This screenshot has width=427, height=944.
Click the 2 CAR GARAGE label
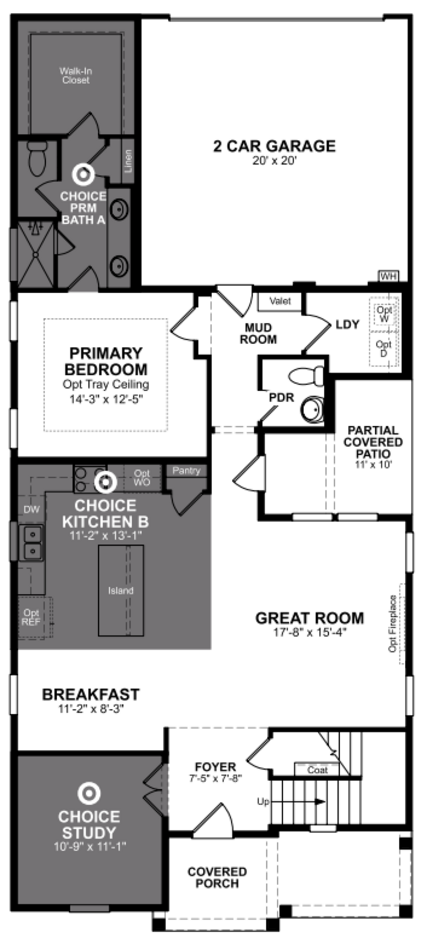[x=274, y=146]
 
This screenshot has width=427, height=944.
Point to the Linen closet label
[x=128, y=161]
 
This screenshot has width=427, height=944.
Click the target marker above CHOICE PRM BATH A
[x=84, y=174]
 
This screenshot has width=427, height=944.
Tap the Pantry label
[x=186, y=471]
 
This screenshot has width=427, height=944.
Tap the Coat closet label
[x=317, y=770]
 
